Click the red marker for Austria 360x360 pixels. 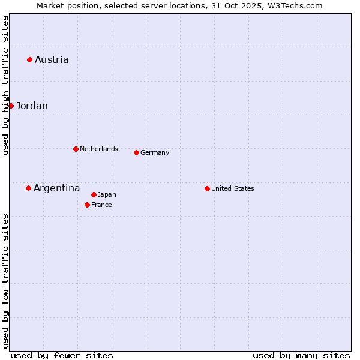pyautogui.click(x=29, y=59)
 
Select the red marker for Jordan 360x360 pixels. pyautogui.click(x=11, y=106)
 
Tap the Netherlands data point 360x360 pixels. pyautogui.click(x=76, y=149)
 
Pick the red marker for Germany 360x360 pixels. pyautogui.click(x=136, y=152)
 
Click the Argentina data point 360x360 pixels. pyautogui.click(x=28, y=188)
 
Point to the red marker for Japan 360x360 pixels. pyautogui.click(x=94, y=194)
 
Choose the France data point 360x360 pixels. pyautogui.click(x=87, y=205)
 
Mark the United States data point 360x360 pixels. pyautogui.click(x=207, y=188)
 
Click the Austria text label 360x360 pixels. pyautogui.click(x=52, y=59)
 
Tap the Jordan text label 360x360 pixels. pyautogui.click(x=32, y=106)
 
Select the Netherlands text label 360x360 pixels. pyautogui.click(x=98, y=149)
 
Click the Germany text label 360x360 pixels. pyautogui.click(x=155, y=152)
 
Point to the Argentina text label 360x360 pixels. pyautogui.click(x=56, y=188)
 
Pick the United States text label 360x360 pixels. pyautogui.click(x=232, y=188)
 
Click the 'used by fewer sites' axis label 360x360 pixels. pyautogui.click(x=62, y=355)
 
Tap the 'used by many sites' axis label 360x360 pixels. pyautogui.click(x=301, y=355)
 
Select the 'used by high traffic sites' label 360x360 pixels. pyautogui.click(x=5, y=85)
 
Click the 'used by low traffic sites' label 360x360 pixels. pyautogui.click(x=5, y=281)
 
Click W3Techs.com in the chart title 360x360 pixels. pyautogui.click(x=295, y=5)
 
